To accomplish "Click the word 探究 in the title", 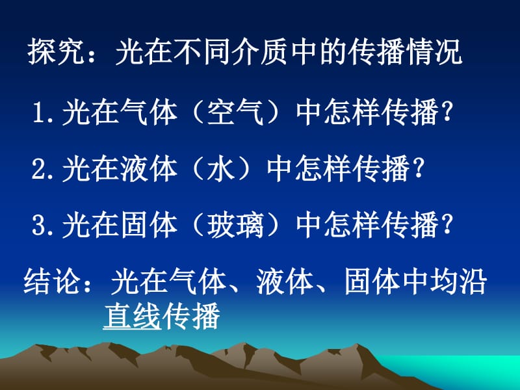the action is coord(56,52).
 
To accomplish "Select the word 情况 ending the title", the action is coord(434,52).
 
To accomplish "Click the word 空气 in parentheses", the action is coord(235,112).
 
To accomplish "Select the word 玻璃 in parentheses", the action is coord(235,225).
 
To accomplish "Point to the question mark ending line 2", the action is coord(419,168).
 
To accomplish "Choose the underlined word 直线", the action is coord(132,316).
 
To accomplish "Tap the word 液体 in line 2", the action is coord(149,168).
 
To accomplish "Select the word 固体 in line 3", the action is coord(149,225).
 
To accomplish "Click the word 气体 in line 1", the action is coord(149,112).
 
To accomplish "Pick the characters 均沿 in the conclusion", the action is coord(458,281).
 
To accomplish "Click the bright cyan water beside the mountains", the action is coord(464,368).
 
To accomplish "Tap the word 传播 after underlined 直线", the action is coord(191,316).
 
